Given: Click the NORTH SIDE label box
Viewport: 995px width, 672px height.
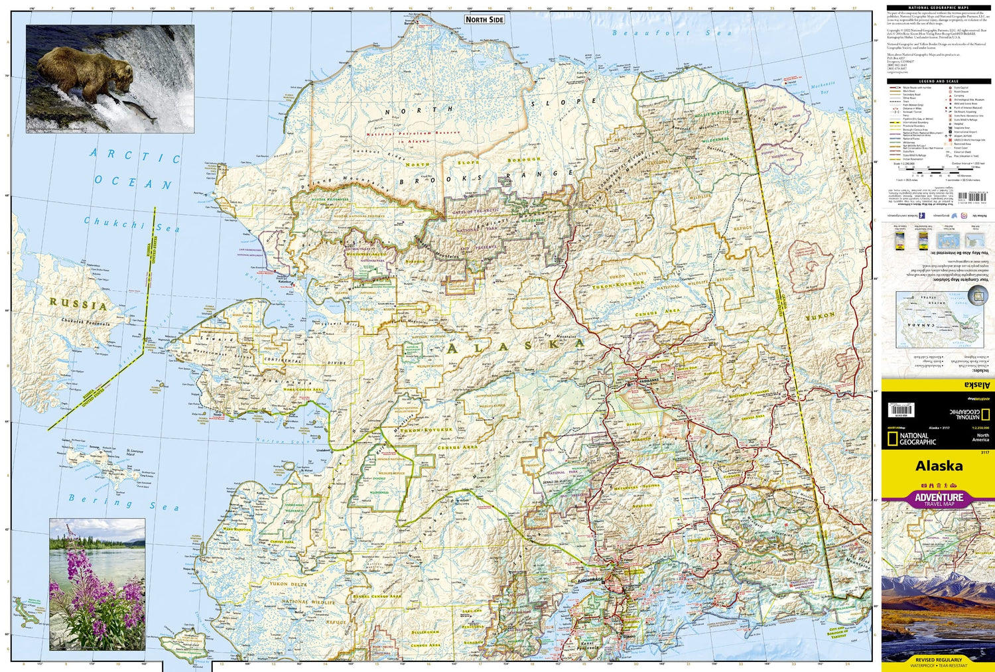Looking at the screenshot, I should pos(484,20).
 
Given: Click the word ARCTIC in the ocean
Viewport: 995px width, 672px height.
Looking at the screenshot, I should pos(135,156).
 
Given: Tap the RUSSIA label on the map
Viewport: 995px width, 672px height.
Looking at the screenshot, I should pos(78,304).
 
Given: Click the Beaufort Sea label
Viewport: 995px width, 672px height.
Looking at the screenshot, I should pos(671,33).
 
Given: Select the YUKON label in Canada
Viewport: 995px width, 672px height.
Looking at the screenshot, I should pos(820,317).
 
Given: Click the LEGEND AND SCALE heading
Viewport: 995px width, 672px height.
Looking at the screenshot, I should pos(938,81).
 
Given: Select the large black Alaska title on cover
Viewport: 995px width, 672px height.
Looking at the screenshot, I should pos(939,466).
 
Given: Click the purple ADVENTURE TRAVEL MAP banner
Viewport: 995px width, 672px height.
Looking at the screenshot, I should pos(939,498).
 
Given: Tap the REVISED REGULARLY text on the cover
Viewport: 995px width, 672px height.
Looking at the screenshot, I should pos(939,660).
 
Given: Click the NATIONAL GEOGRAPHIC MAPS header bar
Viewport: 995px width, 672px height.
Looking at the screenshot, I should pos(938,8).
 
